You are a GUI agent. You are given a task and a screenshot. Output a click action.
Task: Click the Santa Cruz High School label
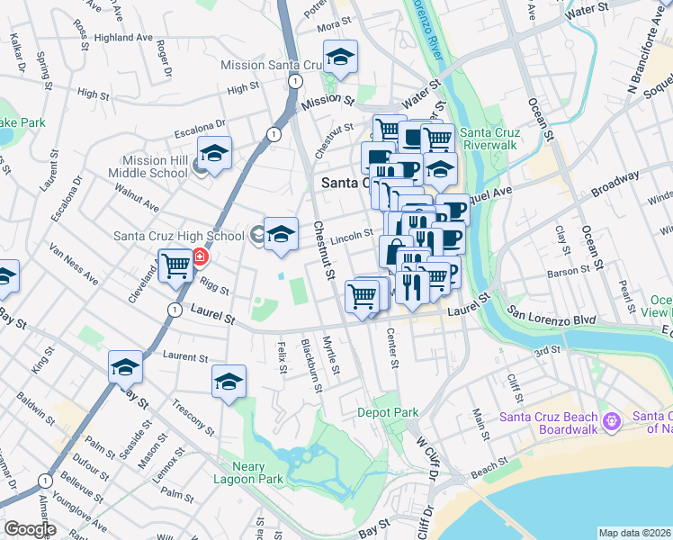pyautogui.click(x=179, y=236)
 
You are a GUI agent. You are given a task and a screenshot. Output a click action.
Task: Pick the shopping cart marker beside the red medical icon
pyautogui.click(x=175, y=265)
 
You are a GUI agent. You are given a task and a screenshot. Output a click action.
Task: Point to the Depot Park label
pyautogui.click(x=388, y=412)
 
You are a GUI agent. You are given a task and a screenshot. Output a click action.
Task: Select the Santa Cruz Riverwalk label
pyautogui.click(x=490, y=140)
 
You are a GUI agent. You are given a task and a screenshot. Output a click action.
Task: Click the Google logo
pyautogui.click(x=30, y=529)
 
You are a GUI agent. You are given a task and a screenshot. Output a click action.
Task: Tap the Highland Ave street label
pyautogui.click(x=125, y=39)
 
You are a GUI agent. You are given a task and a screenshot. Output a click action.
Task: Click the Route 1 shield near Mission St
pyautogui.click(x=294, y=81)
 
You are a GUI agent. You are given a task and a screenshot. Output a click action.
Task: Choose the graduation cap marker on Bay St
pyautogui.click(x=125, y=367)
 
